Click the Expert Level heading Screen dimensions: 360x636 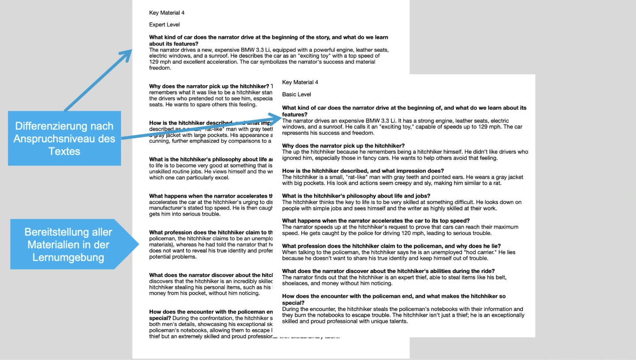[164, 25]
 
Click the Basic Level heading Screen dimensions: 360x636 [296, 95]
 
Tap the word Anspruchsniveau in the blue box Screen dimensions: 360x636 [64, 139]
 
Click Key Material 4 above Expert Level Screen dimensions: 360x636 [167, 13]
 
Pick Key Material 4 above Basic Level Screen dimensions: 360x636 [300, 83]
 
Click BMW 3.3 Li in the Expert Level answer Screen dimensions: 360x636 [257, 50]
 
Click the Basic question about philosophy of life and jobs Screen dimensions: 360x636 [356, 196]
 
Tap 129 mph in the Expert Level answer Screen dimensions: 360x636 [160, 62]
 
